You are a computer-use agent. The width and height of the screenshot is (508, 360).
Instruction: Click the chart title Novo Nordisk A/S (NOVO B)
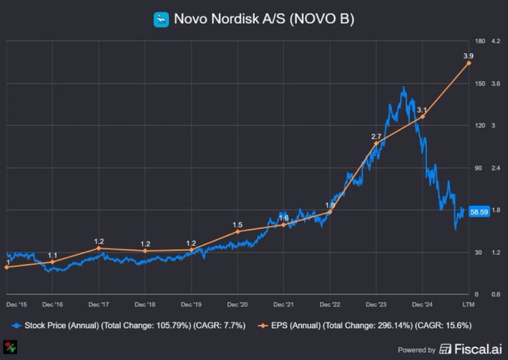(264, 19)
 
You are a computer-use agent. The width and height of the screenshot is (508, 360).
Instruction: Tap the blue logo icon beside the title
(161, 20)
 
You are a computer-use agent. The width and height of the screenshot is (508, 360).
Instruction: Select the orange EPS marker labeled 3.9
(468, 63)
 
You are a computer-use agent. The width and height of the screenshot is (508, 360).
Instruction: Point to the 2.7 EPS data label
(376, 136)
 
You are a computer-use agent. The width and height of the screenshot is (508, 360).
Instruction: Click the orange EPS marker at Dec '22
(330, 212)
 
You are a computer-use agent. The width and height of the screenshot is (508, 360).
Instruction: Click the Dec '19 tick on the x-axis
(191, 304)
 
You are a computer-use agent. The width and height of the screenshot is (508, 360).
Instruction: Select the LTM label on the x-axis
(468, 304)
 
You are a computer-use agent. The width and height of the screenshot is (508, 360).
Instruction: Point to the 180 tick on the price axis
(480, 41)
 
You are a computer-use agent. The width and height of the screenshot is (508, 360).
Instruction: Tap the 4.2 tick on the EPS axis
(496, 41)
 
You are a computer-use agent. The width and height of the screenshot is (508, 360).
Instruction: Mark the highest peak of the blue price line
(403, 88)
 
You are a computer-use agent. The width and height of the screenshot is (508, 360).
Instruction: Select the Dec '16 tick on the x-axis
(53, 304)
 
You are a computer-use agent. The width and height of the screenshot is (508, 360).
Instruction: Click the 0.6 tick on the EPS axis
(496, 295)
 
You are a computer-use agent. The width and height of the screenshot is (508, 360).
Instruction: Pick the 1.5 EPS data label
(238, 225)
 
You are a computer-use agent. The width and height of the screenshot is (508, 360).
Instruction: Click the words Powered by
(416, 350)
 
